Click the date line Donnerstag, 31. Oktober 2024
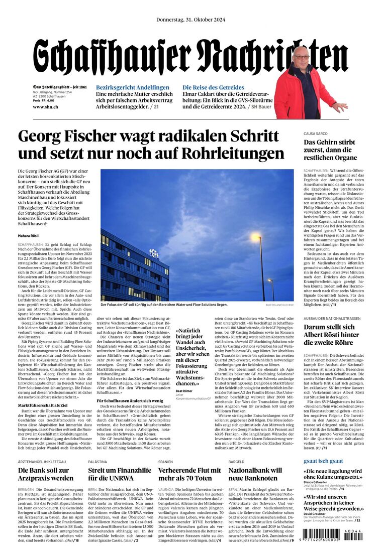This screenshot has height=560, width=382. [190, 20]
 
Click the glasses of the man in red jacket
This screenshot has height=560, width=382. [302, 58]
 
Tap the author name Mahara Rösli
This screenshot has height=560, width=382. [28, 236]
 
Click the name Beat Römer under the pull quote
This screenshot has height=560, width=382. [184, 390]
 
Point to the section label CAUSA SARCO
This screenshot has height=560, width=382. [316, 133]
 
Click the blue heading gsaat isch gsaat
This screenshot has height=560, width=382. [323, 461]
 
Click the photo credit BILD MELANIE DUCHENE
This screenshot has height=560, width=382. [279, 305]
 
